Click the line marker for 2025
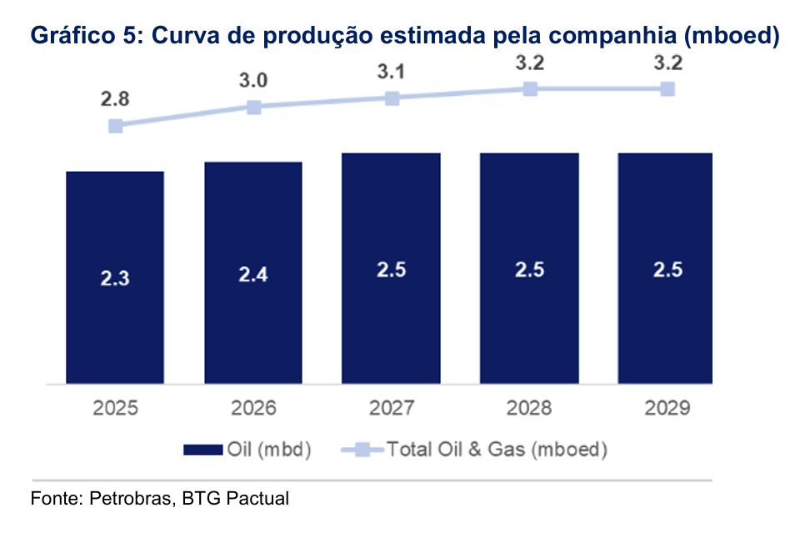[116, 126]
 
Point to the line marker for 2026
[254, 107]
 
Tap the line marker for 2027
[392, 98]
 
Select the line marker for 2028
[529, 88]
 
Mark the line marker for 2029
[667, 88]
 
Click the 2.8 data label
[115, 100]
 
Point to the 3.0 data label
[253, 81]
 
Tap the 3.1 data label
[391, 72]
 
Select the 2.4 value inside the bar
[253, 274]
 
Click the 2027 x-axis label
[391, 409]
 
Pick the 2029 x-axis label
[667, 409]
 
